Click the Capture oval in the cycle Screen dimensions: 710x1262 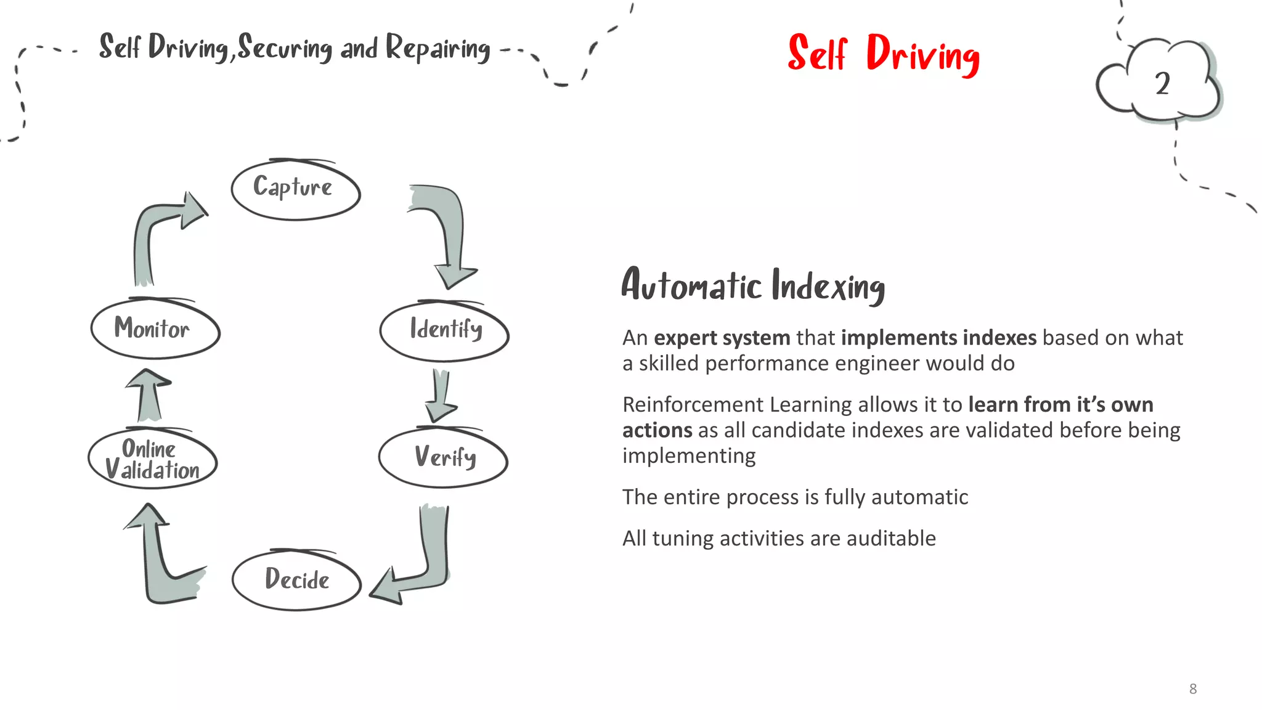295,190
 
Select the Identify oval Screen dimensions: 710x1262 444,331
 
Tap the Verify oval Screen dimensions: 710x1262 443,458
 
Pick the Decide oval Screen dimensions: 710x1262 296,580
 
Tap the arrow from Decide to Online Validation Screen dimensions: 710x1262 161,561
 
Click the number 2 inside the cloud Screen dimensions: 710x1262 1162,84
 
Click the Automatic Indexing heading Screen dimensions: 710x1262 753,285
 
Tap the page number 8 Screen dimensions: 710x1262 1193,688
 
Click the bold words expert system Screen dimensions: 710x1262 722,338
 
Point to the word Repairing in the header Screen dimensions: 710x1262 438,48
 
